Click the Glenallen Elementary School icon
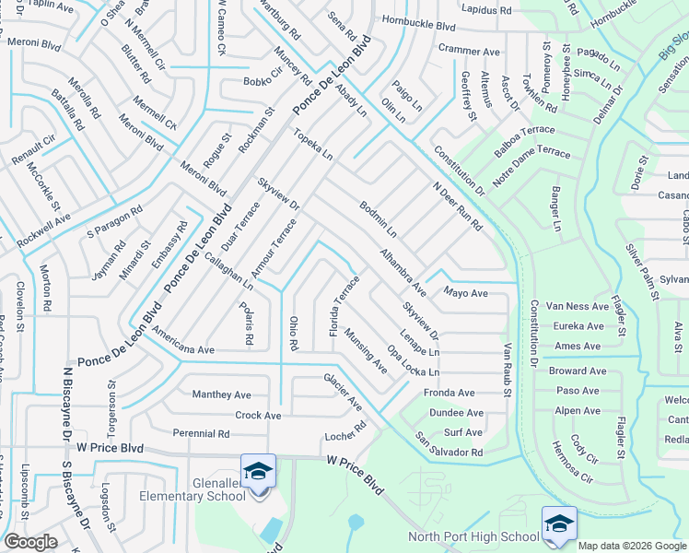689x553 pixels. coord(258,471)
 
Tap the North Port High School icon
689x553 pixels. coord(558,523)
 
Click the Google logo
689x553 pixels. coord(30,542)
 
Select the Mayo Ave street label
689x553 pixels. coord(465,293)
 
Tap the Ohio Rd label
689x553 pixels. coord(294,333)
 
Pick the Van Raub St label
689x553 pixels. coord(507,371)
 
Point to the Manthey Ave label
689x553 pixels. coord(221,394)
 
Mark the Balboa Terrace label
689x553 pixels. coord(524,136)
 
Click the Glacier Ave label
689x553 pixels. coord(343,391)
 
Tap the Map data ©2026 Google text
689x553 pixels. coord(632,546)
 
